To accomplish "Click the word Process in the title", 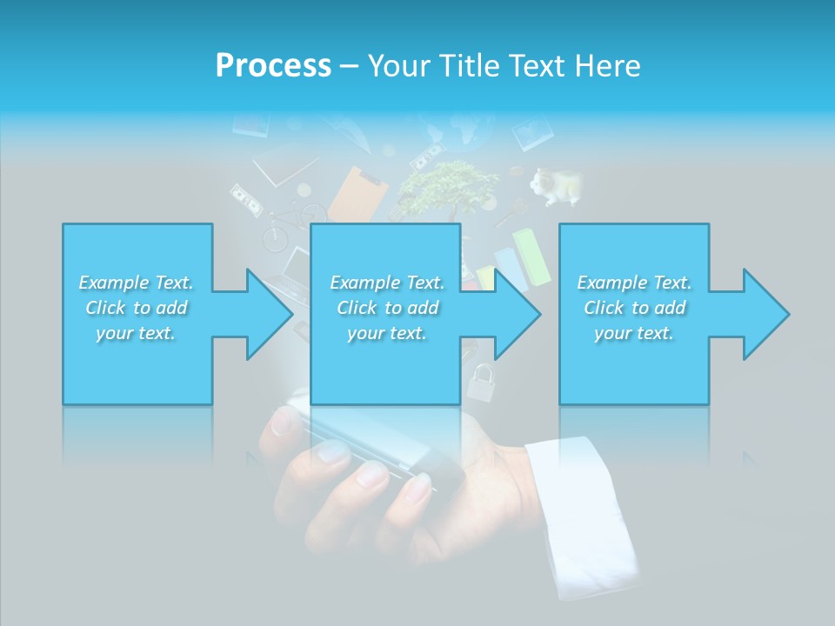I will (x=273, y=66).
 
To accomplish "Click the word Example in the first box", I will (x=113, y=283).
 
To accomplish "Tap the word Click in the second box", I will (x=357, y=308).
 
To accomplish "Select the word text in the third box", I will (x=655, y=333).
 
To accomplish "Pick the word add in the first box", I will (x=172, y=308).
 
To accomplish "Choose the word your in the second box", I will (x=365, y=333).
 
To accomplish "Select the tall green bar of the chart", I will (x=531, y=256).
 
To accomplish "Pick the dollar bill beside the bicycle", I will (x=246, y=203).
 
